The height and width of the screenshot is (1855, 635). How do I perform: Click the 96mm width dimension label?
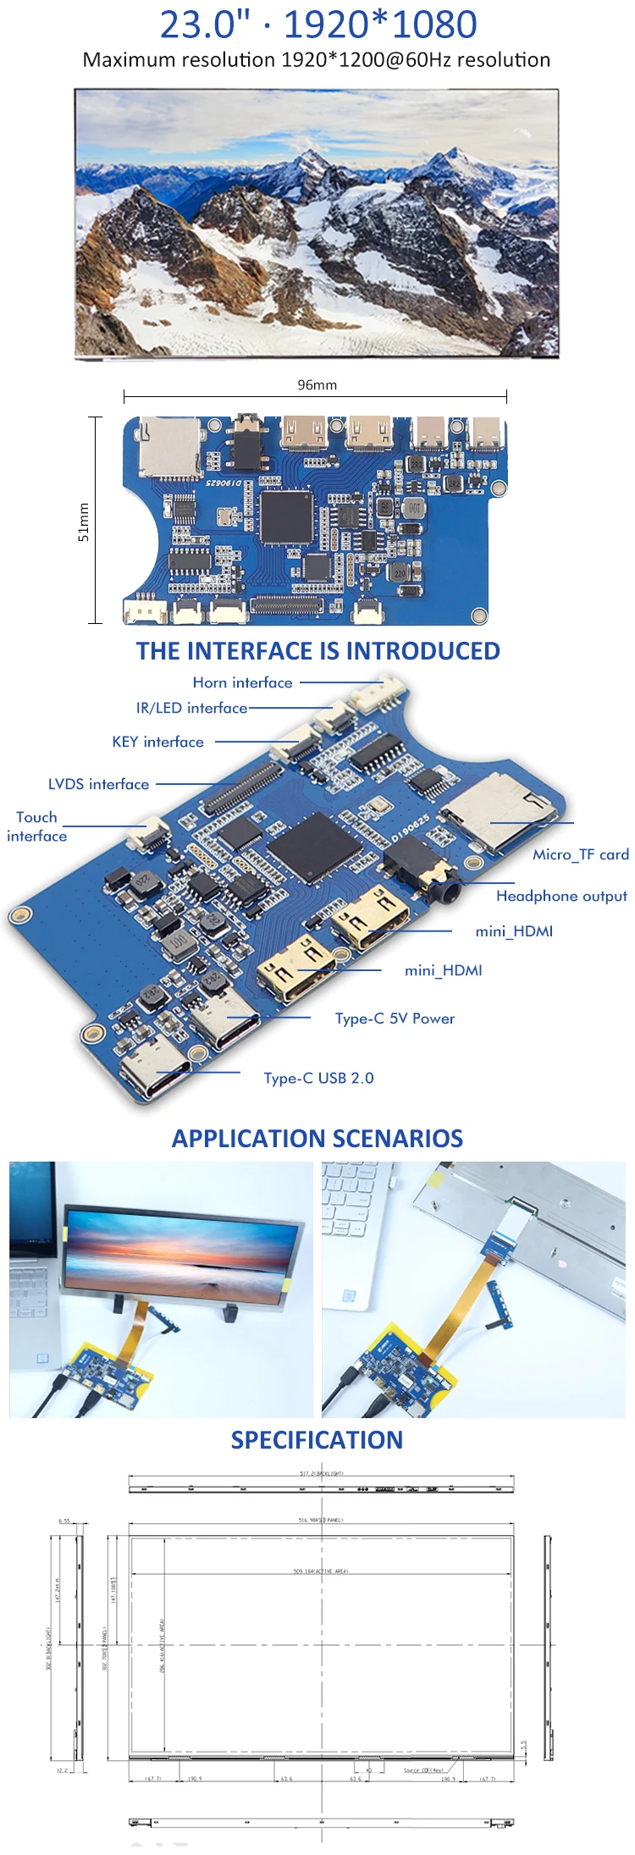point(317,384)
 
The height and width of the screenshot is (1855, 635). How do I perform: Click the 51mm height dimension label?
point(83,522)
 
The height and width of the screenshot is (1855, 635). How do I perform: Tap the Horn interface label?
point(242,682)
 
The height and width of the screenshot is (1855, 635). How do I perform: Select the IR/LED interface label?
point(191,708)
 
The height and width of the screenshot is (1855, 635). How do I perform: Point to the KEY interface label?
point(157,742)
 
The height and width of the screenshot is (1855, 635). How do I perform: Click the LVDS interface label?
point(98,784)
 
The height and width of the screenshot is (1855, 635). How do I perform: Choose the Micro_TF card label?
point(580,854)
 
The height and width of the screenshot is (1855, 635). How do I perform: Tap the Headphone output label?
point(561,896)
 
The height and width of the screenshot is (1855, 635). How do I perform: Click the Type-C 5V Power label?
point(395,1019)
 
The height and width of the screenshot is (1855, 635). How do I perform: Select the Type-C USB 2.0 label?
point(318,1078)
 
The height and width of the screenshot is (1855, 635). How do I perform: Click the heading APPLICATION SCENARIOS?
point(317,1138)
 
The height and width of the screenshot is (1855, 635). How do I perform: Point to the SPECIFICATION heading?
point(317,1440)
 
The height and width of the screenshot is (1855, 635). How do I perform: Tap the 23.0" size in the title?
point(205,25)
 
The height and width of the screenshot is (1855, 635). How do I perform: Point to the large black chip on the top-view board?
point(286,516)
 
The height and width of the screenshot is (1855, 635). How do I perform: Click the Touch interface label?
point(36,826)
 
